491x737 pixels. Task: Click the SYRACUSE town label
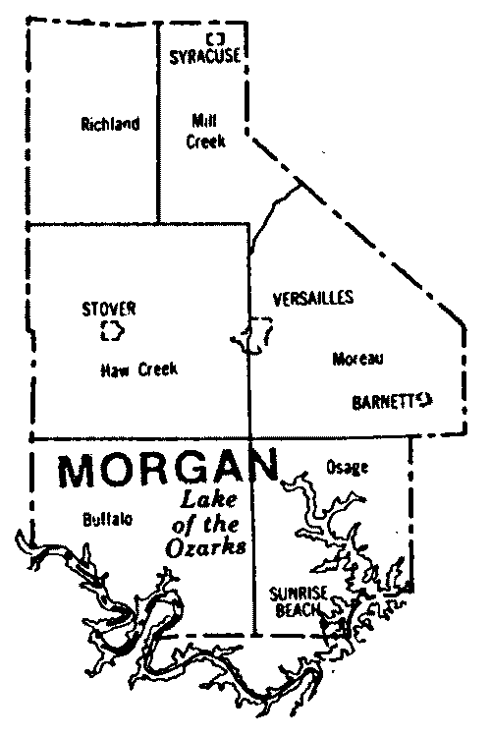point(203,56)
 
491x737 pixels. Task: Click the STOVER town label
point(108,309)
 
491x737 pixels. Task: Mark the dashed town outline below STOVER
point(113,331)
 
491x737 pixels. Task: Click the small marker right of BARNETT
point(424,398)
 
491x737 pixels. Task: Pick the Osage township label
point(346,468)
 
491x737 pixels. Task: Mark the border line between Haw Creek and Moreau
point(251,393)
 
